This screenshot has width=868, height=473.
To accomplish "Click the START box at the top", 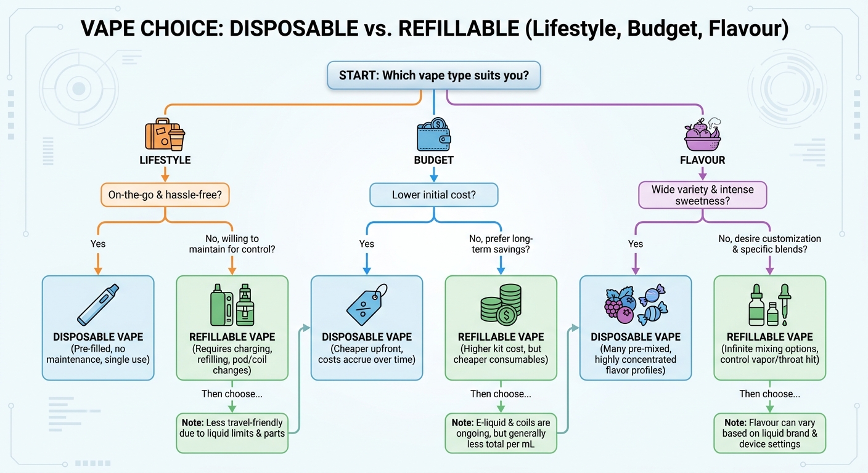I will (x=434, y=76).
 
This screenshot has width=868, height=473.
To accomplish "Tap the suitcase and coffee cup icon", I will (x=165, y=135).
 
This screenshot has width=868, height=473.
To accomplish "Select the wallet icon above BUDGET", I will (x=433, y=134).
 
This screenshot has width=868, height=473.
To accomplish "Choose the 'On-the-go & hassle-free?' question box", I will (x=165, y=196).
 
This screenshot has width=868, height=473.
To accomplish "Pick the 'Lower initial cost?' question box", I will (x=433, y=196).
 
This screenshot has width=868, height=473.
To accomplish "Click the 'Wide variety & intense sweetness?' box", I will (x=702, y=195).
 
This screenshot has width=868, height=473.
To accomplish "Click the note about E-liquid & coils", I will (x=501, y=433).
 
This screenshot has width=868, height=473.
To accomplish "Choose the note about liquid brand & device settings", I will (x=769, y=433).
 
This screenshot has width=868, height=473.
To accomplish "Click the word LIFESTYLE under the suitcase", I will (x=165, y=160).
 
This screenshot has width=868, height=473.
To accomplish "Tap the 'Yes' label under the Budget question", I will (x=367, y=244).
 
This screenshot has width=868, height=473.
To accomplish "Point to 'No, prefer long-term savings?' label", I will (x=501, y=244).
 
